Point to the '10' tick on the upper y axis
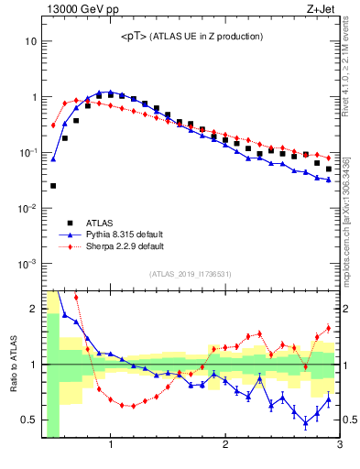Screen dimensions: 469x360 tap(31, 42)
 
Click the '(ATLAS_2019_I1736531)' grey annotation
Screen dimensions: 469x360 tap(191, 274)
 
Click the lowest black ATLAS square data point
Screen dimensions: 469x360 tap(53, 186)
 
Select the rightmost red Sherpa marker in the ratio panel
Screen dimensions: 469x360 tap(328, 328)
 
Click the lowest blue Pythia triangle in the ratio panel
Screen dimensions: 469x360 tap(306, 423)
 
